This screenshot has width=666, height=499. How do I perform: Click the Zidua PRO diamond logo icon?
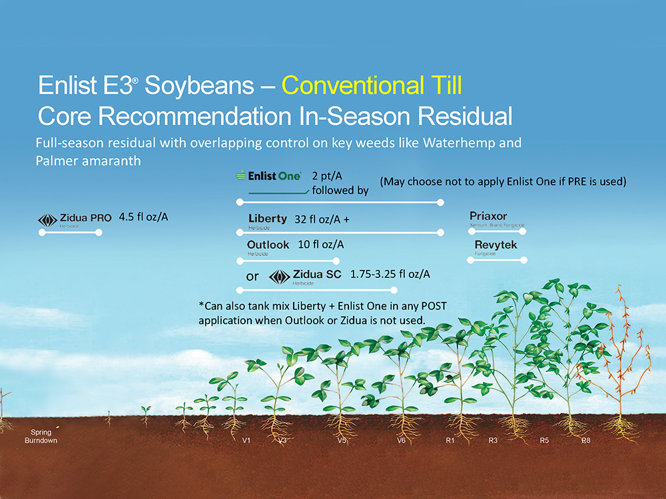pos(47,220)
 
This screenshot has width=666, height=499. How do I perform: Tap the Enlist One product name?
pos(274,176)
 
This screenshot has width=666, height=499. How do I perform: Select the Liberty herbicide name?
pos(268,218)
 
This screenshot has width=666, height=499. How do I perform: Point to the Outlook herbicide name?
pos(268,245)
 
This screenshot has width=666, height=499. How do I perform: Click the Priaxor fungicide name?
pos(488,216)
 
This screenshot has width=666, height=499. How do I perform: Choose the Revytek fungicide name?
pos(496,245)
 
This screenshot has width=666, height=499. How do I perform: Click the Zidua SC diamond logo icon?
pos(280,277)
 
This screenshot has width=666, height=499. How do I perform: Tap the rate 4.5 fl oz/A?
pos(144,218)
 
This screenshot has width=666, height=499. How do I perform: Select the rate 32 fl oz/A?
pos(322,220)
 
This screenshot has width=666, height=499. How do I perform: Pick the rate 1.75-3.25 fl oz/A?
pos(390,274)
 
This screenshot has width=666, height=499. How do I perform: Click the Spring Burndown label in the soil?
pos(41,436)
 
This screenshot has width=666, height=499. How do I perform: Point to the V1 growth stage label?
pos(246,440)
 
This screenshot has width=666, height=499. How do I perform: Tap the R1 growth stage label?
pos(450,440)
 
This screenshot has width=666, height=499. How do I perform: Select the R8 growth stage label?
pos(586,440)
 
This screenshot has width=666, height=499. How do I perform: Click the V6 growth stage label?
pos(402,440)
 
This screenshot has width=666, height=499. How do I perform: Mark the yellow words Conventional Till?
pos(372,85)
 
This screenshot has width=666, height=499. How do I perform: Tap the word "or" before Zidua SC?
pos(252,277)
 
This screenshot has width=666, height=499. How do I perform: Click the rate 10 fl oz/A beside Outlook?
pos(321,244)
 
